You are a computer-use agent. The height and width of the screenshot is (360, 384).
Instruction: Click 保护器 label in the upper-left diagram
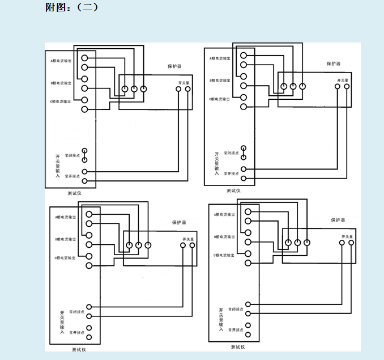click(174, 66)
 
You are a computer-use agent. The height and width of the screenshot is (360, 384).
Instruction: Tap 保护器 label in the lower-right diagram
click(338, 219)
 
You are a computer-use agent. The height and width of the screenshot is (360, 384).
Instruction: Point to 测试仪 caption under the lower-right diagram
click(238, 346)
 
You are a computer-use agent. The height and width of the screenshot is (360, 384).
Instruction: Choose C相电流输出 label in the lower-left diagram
click(66, 258)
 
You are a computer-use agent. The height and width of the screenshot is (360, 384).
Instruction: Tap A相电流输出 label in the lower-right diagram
click(224, 214)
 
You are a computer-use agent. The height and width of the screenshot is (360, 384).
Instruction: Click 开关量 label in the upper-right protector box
click(342, 80)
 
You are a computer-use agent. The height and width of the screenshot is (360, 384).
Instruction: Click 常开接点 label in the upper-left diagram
click(72, 176)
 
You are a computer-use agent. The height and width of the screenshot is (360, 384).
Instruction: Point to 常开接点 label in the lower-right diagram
click(236, 330)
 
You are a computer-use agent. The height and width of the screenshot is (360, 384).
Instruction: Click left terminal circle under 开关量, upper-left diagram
click(178, 89)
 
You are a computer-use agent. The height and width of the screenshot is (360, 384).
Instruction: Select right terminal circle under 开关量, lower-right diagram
click(351, 243)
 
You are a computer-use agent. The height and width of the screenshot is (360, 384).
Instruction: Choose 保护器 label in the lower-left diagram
click(179, 223)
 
